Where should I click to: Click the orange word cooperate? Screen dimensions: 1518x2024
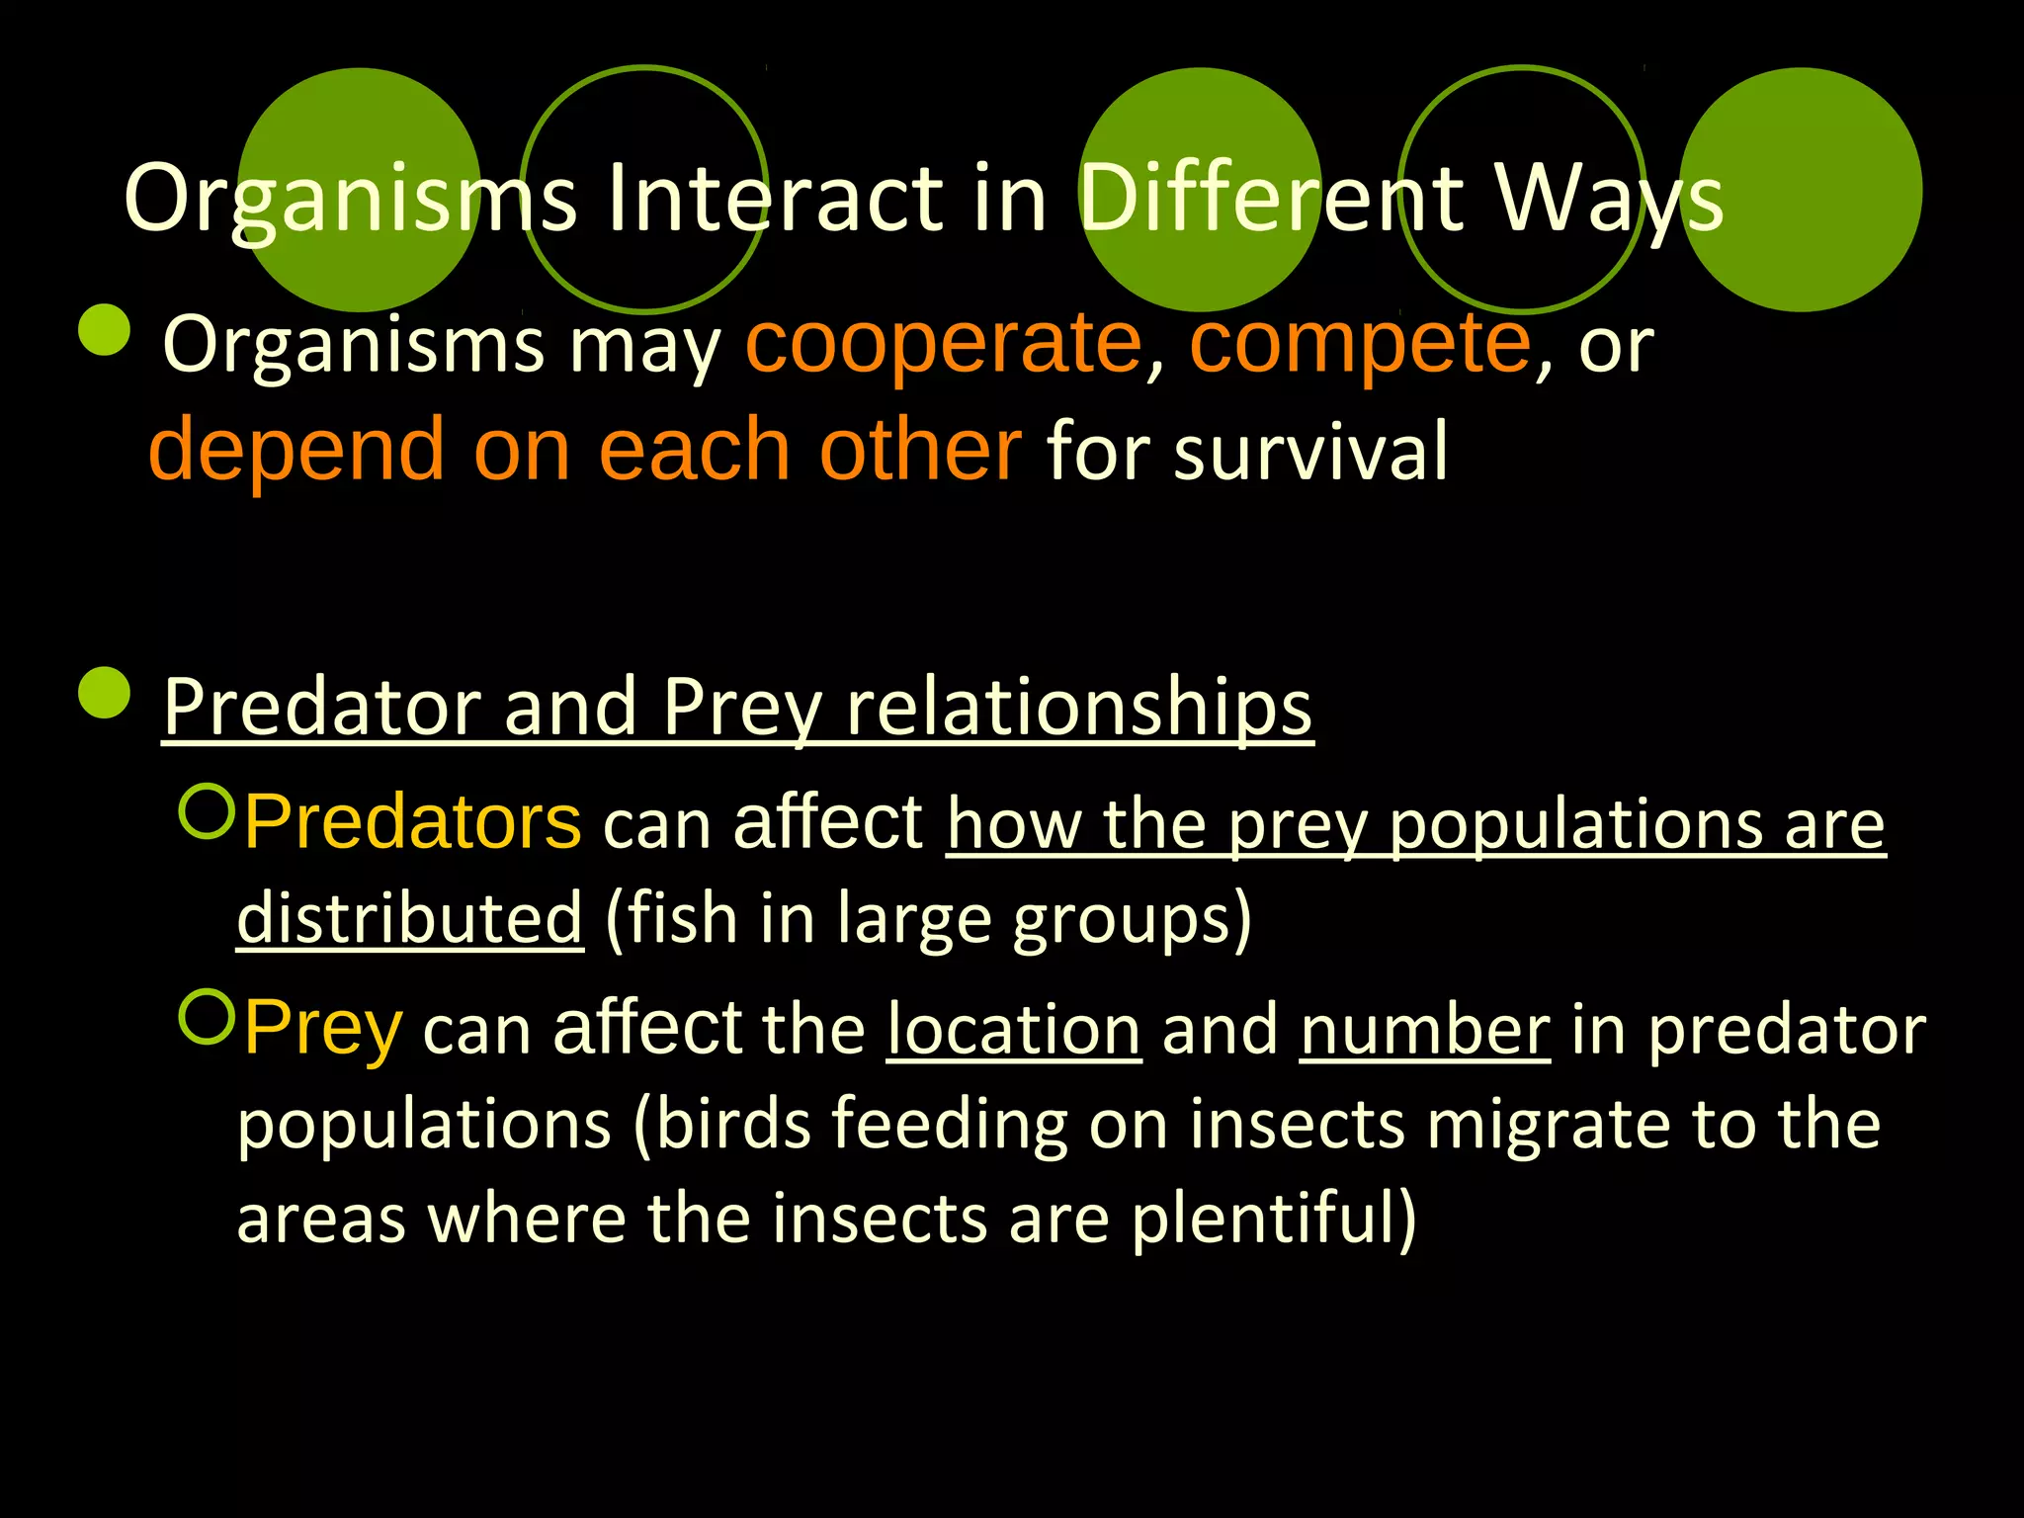[x=944, y=343]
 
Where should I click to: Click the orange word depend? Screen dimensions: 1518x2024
[x=296, y=451]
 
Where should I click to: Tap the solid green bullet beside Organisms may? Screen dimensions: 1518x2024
[x=105, y=329]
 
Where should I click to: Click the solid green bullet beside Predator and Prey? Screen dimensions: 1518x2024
[x=105, y=692]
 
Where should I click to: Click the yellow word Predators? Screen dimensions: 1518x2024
[x=413, y=822]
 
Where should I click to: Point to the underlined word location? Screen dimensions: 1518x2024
[x=1014, y=1030]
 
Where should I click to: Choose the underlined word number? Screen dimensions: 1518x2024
[x=1425, y=1030]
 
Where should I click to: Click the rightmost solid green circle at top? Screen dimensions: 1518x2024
[x=1801, y=190]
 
